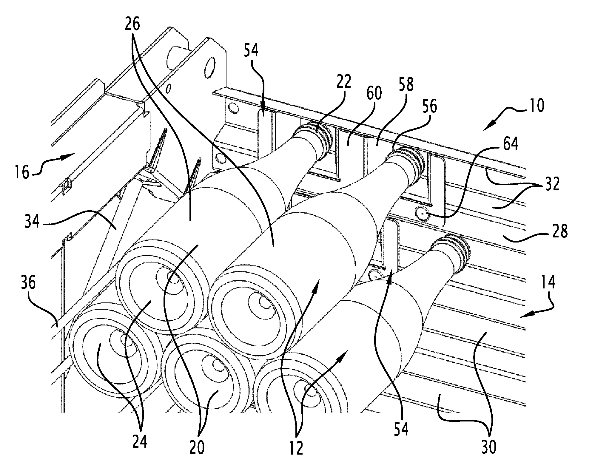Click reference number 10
pos(536,106)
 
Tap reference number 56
pos(428,107)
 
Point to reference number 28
pos(559,231)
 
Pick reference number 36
pos(28,282)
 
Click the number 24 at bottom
pos(140,442)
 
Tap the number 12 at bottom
pos(295,448)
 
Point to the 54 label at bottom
pos(400,429)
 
